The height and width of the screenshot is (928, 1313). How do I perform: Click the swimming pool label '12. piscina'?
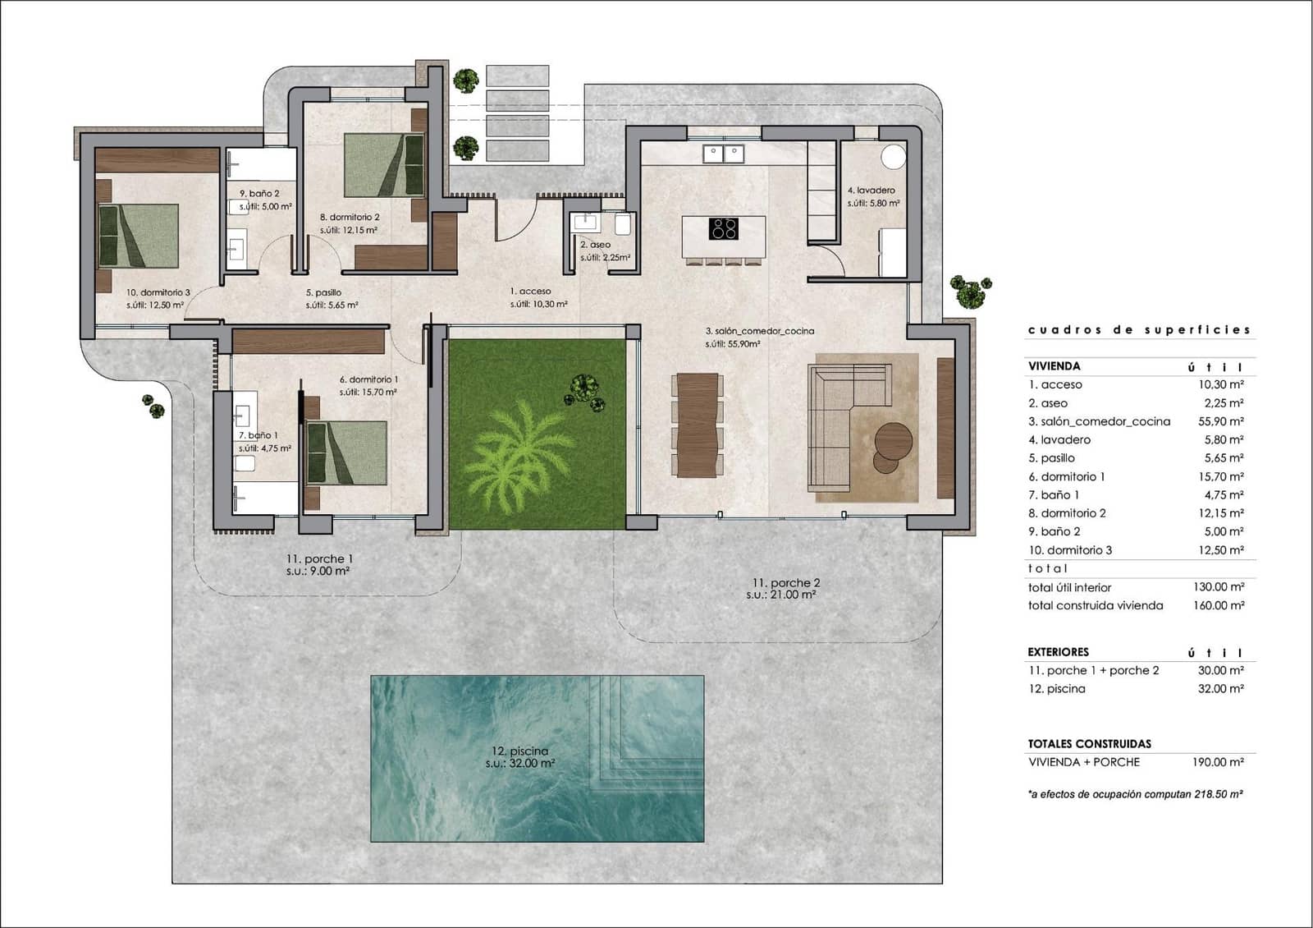coord(519,751)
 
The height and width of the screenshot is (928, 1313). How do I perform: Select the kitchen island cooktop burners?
coord(723,227)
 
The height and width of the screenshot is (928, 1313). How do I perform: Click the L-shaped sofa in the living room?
coord(845,427)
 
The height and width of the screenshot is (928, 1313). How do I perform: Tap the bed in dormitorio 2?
coord(383,165)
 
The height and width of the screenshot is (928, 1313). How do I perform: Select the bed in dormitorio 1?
coord(346,453)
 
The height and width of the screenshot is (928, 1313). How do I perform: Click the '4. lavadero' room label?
coord(871,190)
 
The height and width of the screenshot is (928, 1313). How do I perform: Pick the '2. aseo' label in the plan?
coord(595,245)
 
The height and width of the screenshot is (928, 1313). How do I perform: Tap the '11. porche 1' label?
coord(319,558)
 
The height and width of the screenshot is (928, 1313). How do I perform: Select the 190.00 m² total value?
coord(1218,762)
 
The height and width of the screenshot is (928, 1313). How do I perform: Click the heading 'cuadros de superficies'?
coord(1139,329)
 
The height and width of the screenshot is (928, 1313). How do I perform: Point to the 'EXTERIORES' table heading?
coord(1058,651)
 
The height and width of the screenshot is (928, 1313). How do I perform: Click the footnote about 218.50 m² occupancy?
coord(1134,794)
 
